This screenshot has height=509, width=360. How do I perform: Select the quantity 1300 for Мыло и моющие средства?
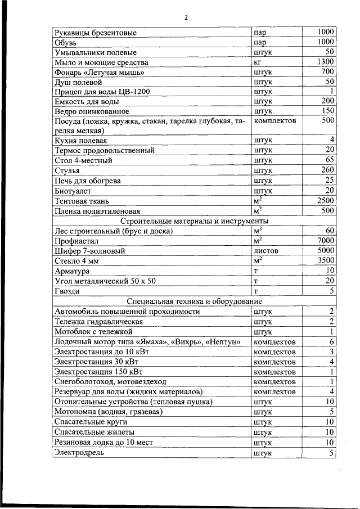pos(325,62)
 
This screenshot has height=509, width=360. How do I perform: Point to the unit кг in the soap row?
pos(258,62)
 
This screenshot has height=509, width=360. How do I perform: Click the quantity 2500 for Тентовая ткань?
pos(325,200)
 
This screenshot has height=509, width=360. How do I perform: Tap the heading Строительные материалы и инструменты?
pos(195,221)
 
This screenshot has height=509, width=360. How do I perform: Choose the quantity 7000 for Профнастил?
pos(325,241)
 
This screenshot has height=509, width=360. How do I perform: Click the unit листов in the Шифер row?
pos(266,251)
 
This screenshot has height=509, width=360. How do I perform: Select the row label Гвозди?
pos(67,291)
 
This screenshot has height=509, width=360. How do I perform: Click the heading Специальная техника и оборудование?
pos(195,301)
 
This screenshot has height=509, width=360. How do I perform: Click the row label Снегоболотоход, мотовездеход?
pos(110,382)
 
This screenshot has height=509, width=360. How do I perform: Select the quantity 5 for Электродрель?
pos(332,453)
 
